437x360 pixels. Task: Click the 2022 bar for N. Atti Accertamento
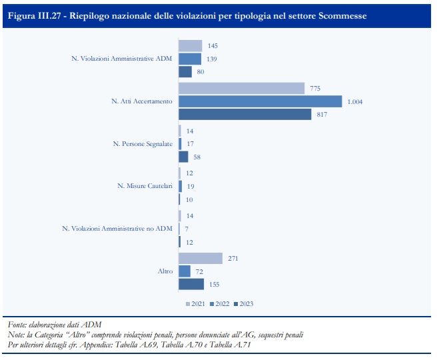point(260,101)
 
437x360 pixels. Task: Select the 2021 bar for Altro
point(200,259)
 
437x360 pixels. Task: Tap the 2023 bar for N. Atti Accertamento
point(244,115)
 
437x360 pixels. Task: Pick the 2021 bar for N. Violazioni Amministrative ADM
point(190,46)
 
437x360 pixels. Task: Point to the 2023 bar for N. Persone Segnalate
point(183,157)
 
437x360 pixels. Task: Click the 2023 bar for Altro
point(191,285)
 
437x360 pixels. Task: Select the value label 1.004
point(354,101)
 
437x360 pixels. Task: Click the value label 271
point(233,259)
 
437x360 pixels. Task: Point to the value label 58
point(197,157)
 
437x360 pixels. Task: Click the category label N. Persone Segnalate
point(142,144)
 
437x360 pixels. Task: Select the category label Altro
point(165,271)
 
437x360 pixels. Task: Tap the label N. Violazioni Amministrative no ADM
point(117,229)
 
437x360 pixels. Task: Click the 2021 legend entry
point(194,304)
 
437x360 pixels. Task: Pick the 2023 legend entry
point(244,304)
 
